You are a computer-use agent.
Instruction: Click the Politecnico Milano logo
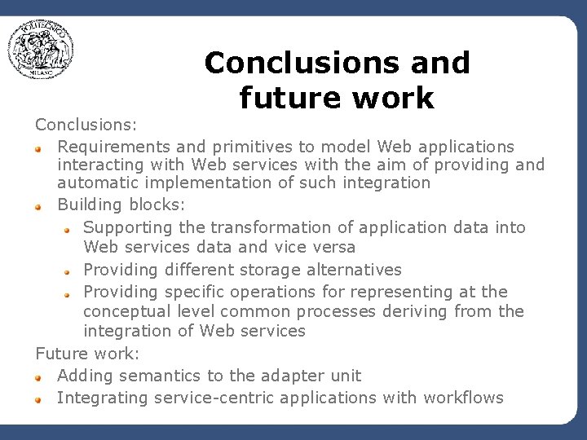[x=42, y=51]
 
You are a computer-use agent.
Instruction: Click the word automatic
[x=90, y=183]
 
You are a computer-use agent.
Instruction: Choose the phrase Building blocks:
[x=100, y=205]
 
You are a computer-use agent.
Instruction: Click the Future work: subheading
[x=87, y=354]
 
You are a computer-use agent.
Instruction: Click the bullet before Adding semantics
[x=38, y=377]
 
